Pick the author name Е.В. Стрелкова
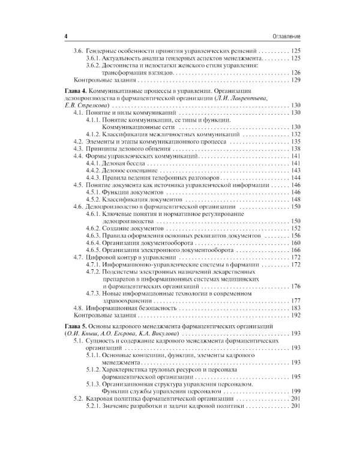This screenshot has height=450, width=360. (x=86, y=105)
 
